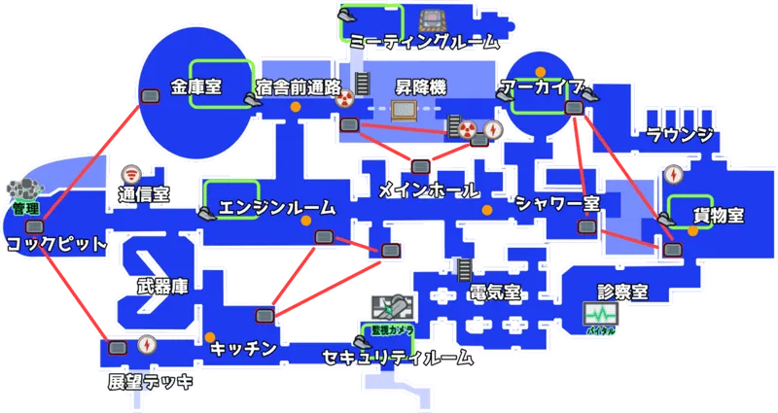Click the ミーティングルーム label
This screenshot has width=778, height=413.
(x=424, y=42)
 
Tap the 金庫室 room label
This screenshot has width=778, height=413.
(x=195, y=86)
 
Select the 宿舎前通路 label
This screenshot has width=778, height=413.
(x=299, y=87)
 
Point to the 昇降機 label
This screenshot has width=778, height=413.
(x=419, y=87)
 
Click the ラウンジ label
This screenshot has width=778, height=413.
(x=679, y=134)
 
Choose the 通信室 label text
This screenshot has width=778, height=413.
(x=143, y=193)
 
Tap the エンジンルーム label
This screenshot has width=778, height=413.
(x=276, y=207)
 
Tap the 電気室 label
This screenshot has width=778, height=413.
(x=494, y=292)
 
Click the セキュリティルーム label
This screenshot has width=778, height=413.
(x=400, y=358)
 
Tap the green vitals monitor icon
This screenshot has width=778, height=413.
(x=600, y=314)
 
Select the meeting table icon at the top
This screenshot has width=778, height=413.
(x=429, y=18)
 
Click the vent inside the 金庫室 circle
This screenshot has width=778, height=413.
(x=151, y=96)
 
